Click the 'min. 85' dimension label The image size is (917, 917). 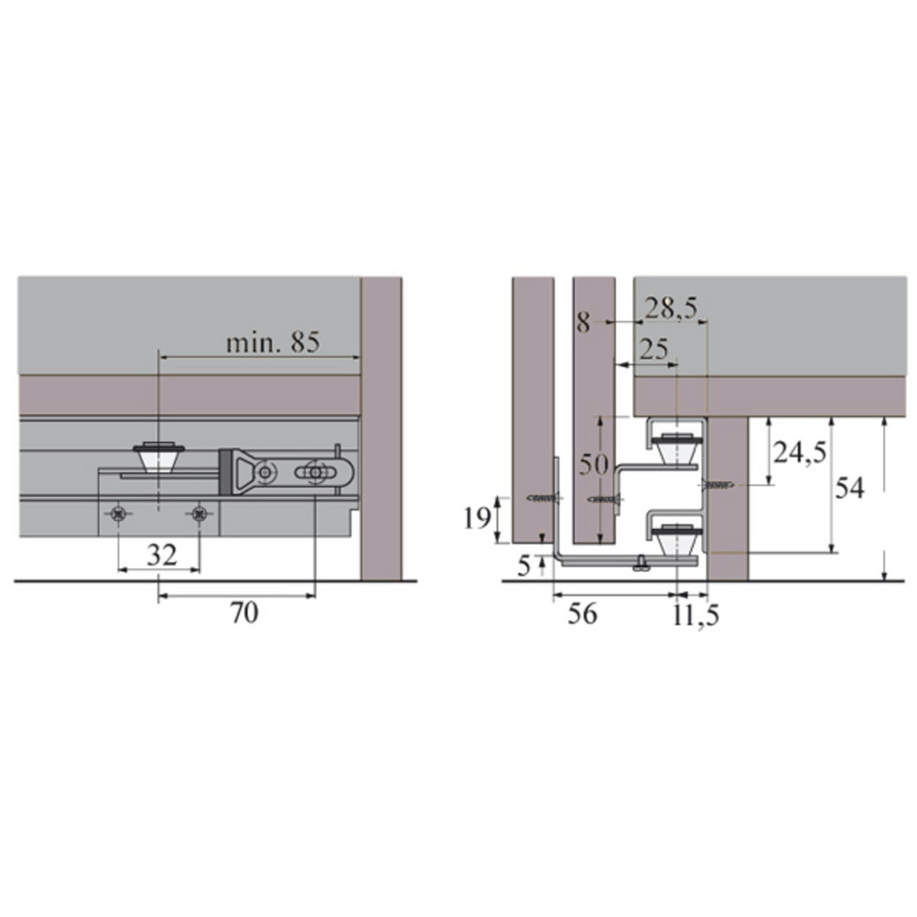pyautogui.click(x=273, y=342)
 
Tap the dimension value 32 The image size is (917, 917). pyautogui.click(x=161, y=554)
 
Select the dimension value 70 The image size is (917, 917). pyautogui.click(x=244, y=613)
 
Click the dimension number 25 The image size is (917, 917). pyautogui.click(x=653, y=349)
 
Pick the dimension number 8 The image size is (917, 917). pyautogui.click(x=583, y=323)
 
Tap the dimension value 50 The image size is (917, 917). pyautogui.click(x=594, y=464)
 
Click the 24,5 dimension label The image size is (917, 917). pyautogui.click(x=800, y=452)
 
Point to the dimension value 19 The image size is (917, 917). pyautogui.click(x=477, y=518)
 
